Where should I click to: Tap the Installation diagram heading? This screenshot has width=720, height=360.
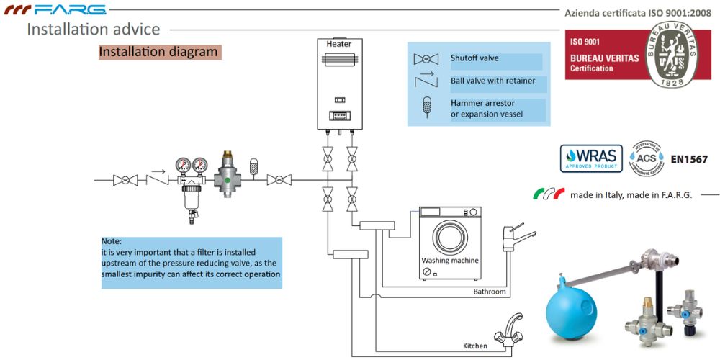tap(158, 52)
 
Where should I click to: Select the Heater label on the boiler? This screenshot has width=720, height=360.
tap(339, 44)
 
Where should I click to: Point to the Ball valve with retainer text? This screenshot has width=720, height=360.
tap(492, 81)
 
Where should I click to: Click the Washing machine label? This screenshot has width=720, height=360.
tap(450, 261)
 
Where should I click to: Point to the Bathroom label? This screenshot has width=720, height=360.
tap(490, 292)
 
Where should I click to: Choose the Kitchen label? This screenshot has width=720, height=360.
tap(475, 346)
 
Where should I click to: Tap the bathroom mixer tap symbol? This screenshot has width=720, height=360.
tap(516, 237)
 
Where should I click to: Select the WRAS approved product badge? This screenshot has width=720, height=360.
tap(590, 158)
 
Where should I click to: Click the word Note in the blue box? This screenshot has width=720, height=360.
tap(112, 241)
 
